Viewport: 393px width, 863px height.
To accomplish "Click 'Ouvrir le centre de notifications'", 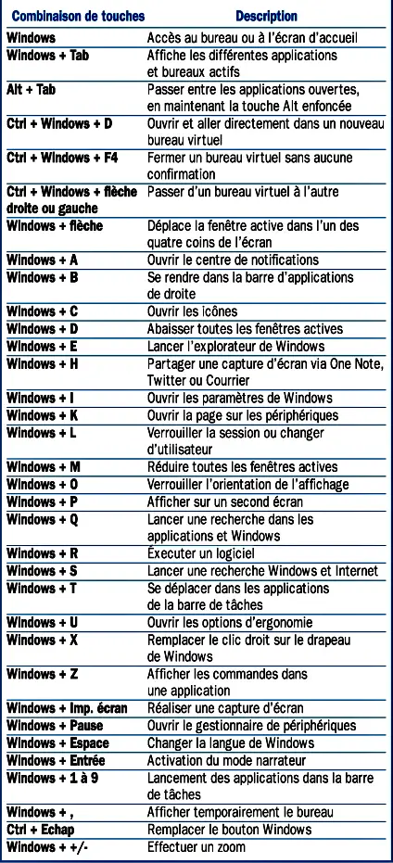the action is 233,260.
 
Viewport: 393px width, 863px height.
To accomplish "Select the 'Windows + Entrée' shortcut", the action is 55,760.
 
